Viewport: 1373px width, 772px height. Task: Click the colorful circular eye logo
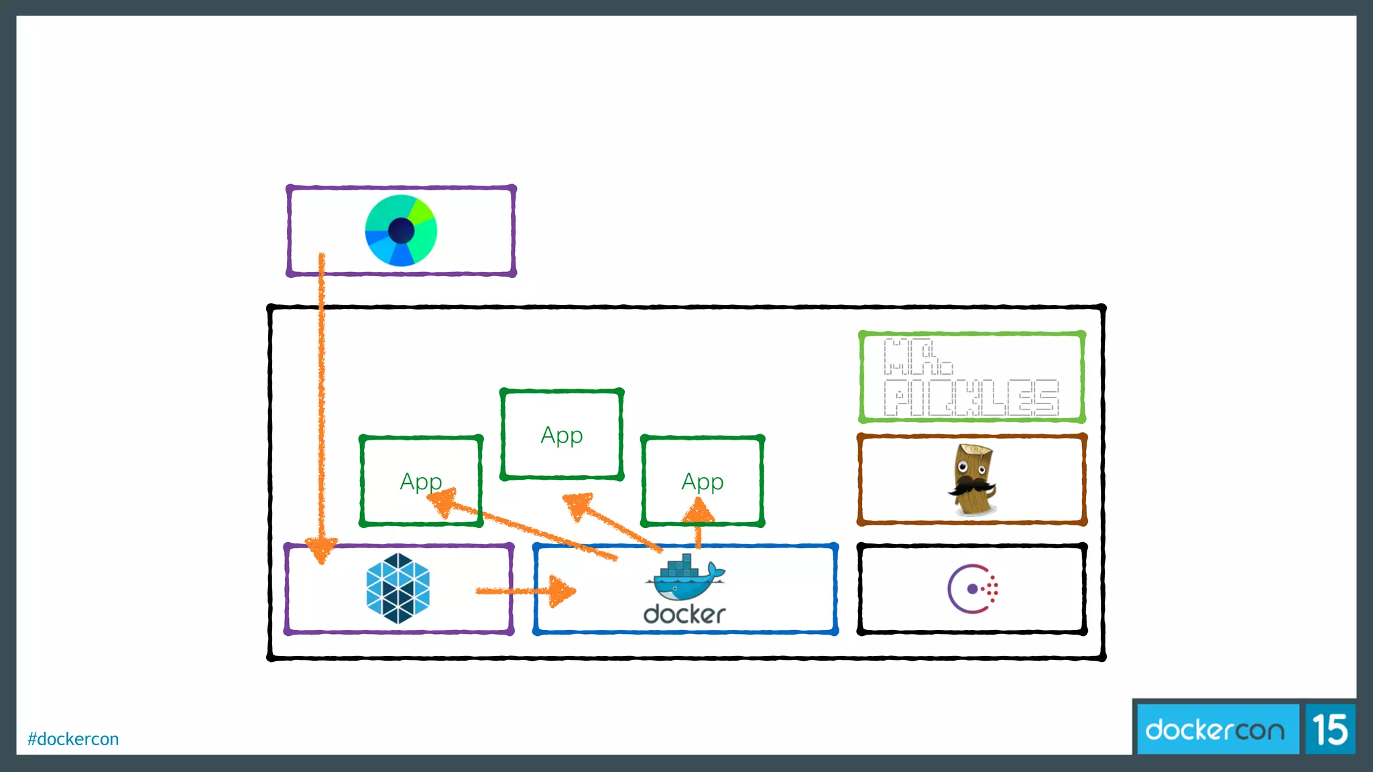pyautogui.click(x=401, y=231)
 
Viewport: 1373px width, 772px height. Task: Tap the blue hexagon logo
pyautogui.click(x=398, y=588)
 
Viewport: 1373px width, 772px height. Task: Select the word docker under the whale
pyautogui.click(x=684, y=614)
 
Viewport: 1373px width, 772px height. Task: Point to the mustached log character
pyautogui.click(x=972, y=480)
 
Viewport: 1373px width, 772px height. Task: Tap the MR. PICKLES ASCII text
pyautogui.click(x=970, y=377)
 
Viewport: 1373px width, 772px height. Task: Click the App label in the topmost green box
pyautogui.click(x=562, y=436)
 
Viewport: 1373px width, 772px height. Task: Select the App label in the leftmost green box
pyautogui.click(x=420, y=482)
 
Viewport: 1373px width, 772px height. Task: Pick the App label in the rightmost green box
pyautogui.click(x=702, y=482)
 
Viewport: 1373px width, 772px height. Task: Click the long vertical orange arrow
pyautogui.click(x=322, y=402)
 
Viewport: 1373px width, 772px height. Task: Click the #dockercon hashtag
pyautogui.click(x=73, y=739)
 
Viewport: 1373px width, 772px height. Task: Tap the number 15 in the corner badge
pyautogui.click(x=1329, y=730)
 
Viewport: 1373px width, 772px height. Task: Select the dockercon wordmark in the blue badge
pyautogui.click(x=1215, y=730)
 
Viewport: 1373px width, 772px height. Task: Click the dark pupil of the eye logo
pyautogui.click(x=401, y=231)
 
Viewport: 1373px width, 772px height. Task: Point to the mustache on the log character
pyautogui.click(x=971, y=485)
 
